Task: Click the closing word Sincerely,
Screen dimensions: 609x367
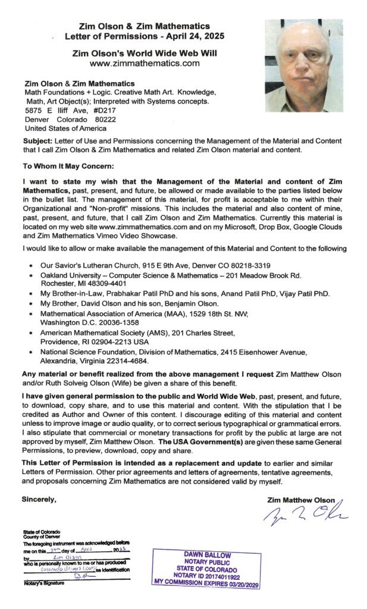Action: click(x=39, y=499)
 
